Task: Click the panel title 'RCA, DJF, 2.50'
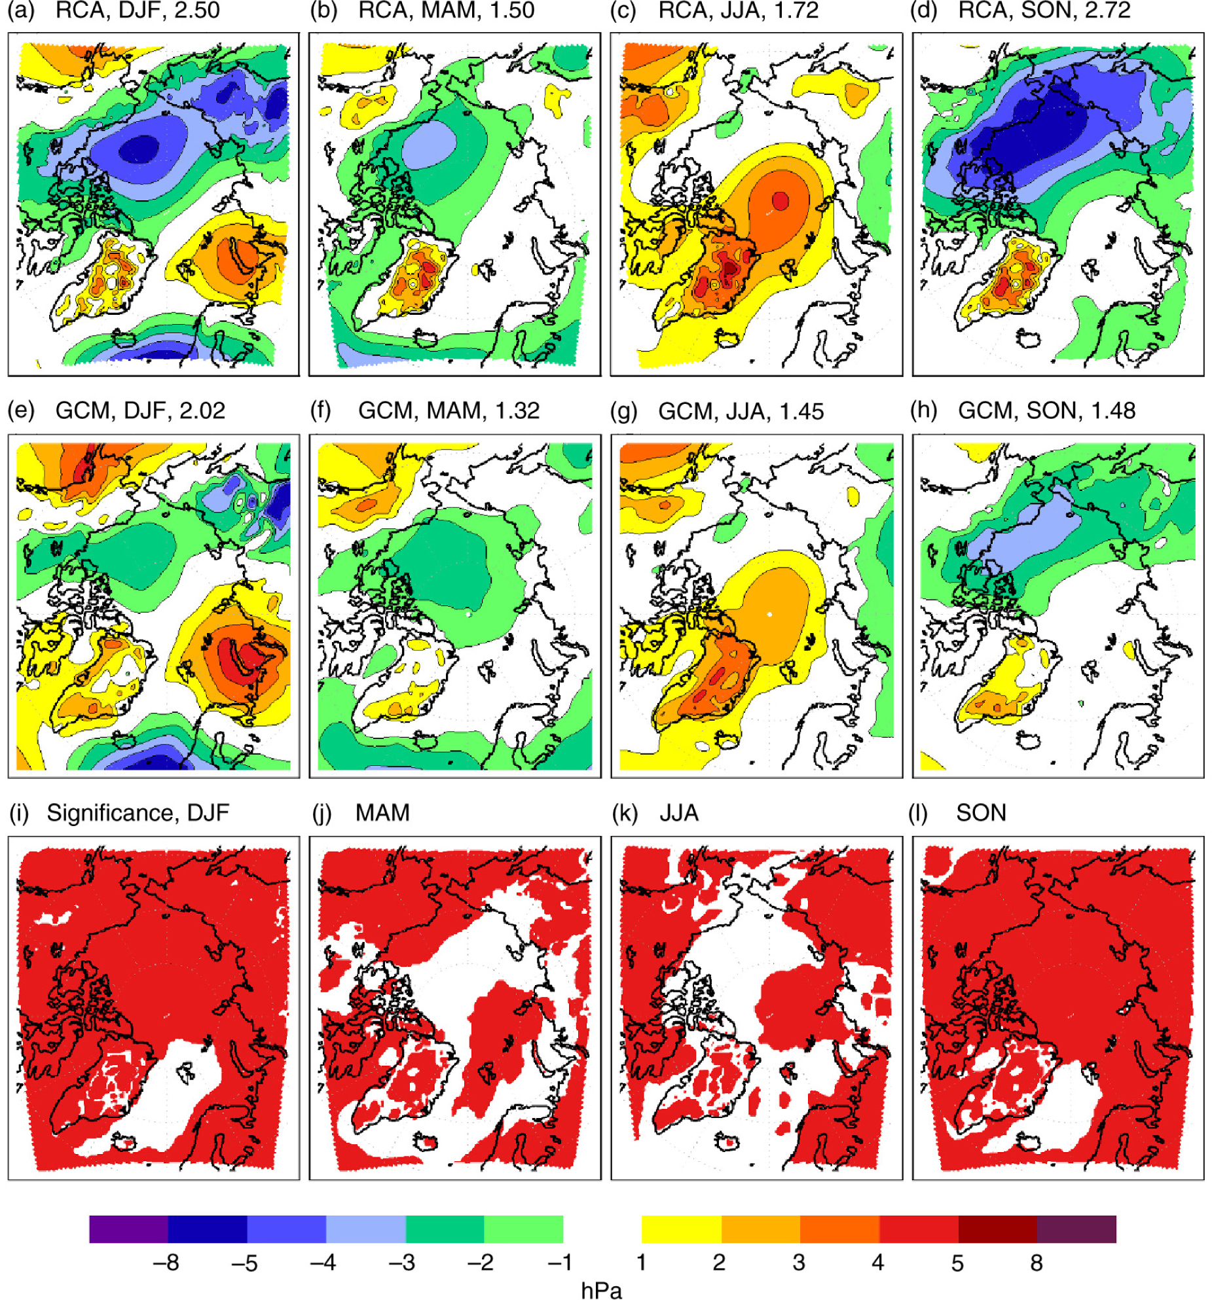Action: [x=138, y=10]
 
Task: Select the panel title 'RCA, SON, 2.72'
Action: [x=1044, y=10]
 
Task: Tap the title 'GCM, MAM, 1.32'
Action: [x=449, y=410]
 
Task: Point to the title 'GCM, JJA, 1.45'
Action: [x=741, y=411]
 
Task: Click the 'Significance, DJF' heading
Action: [x=138, y=812]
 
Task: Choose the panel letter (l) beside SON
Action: [x=920, y=812]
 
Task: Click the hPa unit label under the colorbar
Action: [x=601, y=1290]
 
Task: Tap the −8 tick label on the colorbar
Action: [x=166, y=1262]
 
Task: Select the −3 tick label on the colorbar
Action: [x=401, y=1262]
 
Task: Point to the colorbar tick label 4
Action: [x=877, y=1262]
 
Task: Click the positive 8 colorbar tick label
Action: [x=1036, y=1262]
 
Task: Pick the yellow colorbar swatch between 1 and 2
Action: [x=681, y=1229]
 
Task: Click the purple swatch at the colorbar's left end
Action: [x=128, y=1229]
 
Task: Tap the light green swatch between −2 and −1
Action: [x=523, y=1229]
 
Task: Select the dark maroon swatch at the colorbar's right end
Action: [x=1076, y=1229]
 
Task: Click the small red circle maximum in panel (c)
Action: [x=780, y=200]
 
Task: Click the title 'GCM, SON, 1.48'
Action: [x=1046, y=410]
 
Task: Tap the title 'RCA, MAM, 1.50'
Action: [x=446, y=10]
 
